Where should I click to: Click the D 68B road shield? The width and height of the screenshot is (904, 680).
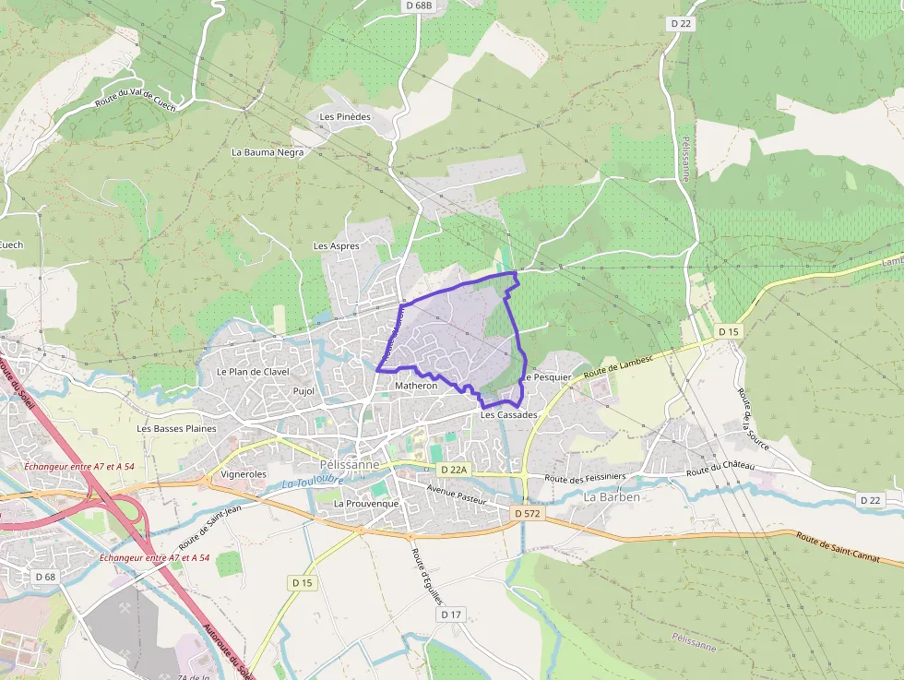click(419, 6)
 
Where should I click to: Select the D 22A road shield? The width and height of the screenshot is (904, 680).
click(455, 470)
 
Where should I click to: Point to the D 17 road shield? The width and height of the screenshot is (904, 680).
click(450, 614)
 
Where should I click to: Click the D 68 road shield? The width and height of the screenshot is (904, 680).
click(45, 577)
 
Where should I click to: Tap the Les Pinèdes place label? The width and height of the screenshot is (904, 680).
click(345, 117)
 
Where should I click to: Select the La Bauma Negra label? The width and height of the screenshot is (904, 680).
click(268, 152)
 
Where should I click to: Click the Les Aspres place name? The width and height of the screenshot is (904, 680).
click(336, 246)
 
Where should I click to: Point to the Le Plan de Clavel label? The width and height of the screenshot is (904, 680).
click(253, 372)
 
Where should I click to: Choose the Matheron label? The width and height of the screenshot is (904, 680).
click(415, 386)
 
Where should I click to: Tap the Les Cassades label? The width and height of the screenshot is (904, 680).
click(508, 415)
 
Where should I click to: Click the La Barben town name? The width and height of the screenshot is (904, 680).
click(613, 496)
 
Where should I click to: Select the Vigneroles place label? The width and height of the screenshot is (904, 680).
click(244, 474)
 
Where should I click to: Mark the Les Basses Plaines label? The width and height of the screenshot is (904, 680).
click(176, 429)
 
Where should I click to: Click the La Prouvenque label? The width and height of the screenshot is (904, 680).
click(366, 504)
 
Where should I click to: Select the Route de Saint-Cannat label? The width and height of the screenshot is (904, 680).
click(848, 550)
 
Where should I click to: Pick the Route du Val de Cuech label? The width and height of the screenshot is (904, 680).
click(135, 92)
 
